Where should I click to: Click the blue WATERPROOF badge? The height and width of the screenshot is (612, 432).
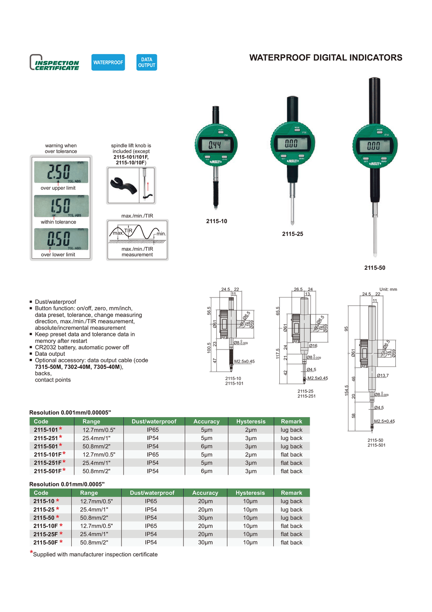pos(108,63)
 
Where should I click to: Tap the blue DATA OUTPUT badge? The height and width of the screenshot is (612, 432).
pos(146,63)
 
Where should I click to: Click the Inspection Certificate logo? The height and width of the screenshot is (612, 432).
pos(55,63)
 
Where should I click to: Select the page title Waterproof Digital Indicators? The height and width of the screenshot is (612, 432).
pos(326,58)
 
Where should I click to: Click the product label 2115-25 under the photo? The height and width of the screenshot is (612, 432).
pos(292,234)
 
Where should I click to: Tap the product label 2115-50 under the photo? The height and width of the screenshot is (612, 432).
pos(375,268)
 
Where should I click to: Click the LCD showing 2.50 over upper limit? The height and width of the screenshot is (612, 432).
pos(61,172)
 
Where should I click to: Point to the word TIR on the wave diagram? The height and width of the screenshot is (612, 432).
pos(128,230)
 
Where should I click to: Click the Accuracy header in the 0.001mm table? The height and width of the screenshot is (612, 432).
pos(206,421)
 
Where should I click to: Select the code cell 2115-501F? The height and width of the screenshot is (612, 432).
pos(48,471)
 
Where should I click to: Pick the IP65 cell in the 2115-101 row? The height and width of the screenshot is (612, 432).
pos(153,430)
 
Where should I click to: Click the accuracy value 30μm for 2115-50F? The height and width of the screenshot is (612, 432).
pos(205,543)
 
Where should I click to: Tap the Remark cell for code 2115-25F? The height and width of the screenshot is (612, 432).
pos(292,534)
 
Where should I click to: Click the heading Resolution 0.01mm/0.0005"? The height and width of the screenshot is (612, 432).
pos(67,484)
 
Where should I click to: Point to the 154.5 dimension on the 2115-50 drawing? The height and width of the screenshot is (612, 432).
pos(347,390)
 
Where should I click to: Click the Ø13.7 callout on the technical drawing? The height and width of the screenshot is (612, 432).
pos(383,375)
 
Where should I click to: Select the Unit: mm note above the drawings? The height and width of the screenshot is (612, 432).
pos(388,290)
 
